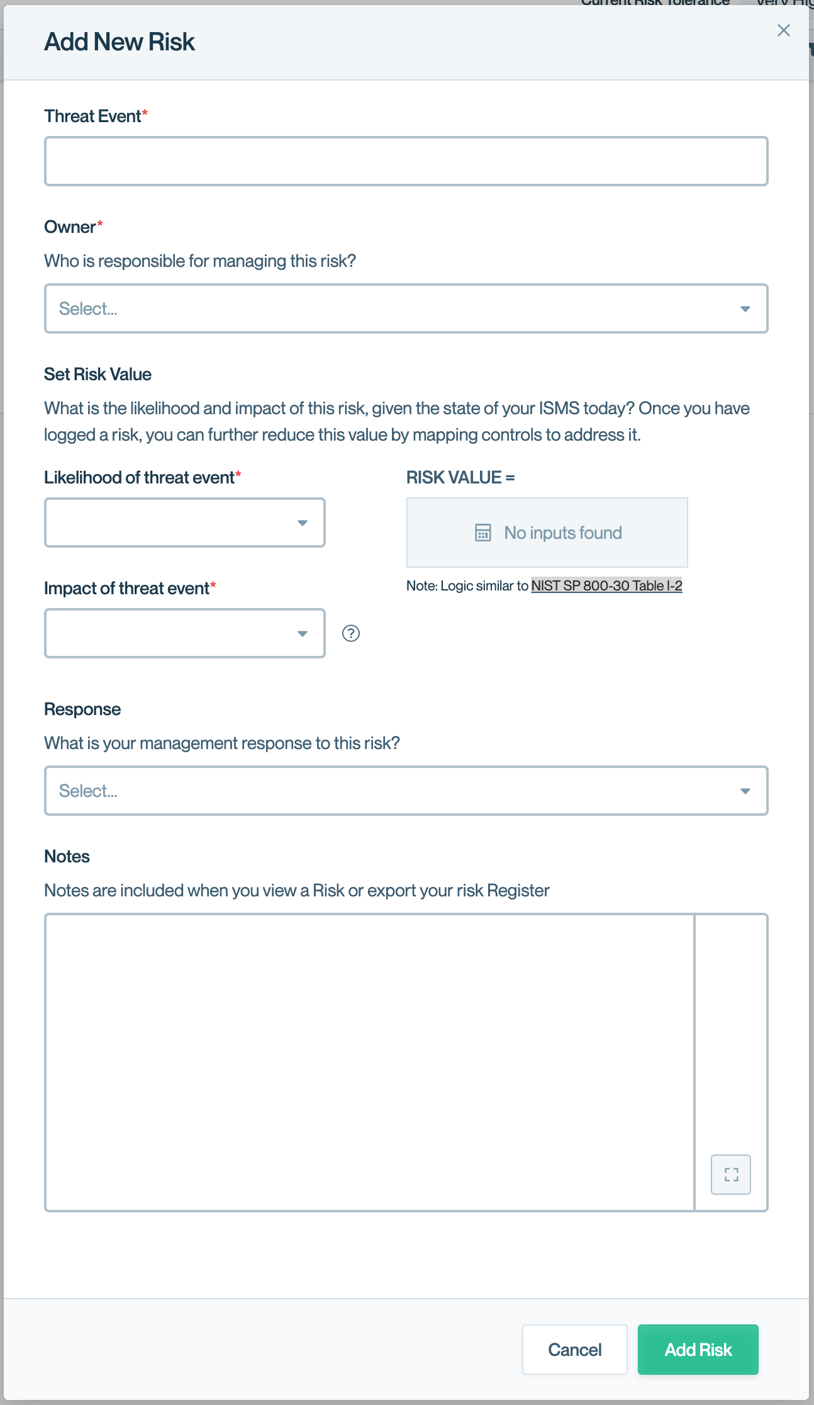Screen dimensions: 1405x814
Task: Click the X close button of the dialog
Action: [x=783, y=30]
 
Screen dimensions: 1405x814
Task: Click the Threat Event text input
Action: [x=406, y=161]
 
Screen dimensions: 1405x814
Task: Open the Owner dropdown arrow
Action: [x=745, y=308]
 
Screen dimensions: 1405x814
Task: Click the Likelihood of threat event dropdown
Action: [x=184, y=522]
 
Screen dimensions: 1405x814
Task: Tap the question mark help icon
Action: [x=351, y=633]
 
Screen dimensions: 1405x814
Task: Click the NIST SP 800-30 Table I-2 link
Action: [x=606, y=585]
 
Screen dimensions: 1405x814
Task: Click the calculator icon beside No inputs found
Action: [x=482, y=533]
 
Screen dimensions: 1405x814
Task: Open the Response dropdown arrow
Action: [x=745, y=791]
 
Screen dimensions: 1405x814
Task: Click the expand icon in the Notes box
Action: [x=730, y=1174]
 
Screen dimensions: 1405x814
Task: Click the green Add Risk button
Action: [x=698, y=1349]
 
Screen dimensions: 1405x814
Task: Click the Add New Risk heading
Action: [x=120, y=42]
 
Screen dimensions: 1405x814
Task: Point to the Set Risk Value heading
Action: [x=98, y=375]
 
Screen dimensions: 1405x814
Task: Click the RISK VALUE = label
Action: [x=460, y=478]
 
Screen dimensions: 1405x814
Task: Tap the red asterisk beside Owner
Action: [x=100, y=223]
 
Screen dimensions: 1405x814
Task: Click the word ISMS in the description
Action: [x=559, y=409]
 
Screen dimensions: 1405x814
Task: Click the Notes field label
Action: [x=67, y=857]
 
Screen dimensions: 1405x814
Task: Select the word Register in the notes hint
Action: [x=518, y=891]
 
